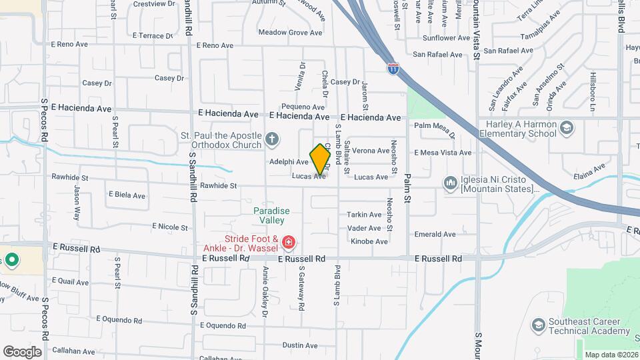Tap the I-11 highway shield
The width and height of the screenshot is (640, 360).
(x=393, y=68)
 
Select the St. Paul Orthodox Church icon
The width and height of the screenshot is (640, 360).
(x=271, y=139)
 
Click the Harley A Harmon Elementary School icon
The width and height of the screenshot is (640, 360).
(x=566, y=127)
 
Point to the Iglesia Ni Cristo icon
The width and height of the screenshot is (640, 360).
(x=450, y=182)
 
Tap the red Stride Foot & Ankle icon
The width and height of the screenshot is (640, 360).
(x=288, y=242)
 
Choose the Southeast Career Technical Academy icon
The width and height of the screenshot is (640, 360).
(x=538, y=325)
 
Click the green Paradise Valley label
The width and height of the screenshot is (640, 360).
(x=271, y=215)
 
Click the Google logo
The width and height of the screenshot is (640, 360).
(x=22, y=351)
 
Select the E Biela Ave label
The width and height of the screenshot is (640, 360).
(x=127, y=195)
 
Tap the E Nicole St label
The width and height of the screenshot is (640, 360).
(x=169, y=227)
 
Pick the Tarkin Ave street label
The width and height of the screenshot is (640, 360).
(x=364, y=215)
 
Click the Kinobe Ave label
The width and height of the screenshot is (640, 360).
(x=369, y=241)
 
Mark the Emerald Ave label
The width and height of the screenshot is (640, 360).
(x=435, y=234)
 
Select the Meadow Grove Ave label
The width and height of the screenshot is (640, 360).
(x=290, y=32)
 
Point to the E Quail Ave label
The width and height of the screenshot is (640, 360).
(x=73, y=281)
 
